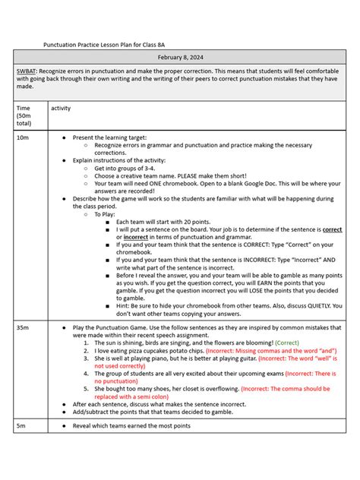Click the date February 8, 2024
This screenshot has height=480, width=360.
point(181,58)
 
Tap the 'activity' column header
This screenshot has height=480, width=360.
point(61,109)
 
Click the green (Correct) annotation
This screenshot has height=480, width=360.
point(287,343)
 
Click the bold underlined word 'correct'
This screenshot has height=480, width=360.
point(332,229)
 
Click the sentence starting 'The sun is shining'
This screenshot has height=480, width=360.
point(182,343)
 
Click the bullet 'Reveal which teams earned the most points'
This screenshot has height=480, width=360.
point(132,426)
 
